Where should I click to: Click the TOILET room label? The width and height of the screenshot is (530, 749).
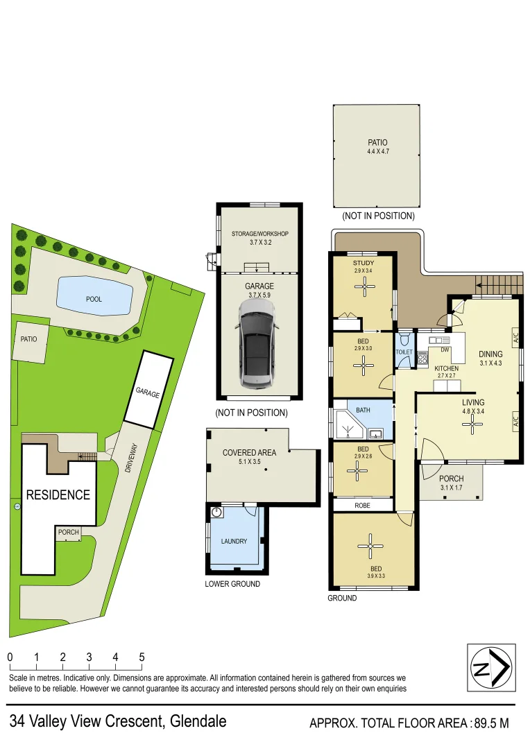click(x=404, y=352)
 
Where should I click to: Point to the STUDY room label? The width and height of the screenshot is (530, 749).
click(x=364, y=263)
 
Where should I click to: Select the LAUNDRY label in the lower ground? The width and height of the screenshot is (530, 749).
click(x=234, y=541)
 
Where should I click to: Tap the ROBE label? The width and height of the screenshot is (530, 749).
click(x=363, y=506)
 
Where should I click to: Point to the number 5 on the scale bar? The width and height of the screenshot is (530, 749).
click(x=142, y=657)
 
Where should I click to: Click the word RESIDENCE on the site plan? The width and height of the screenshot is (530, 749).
click(x=58, y=495)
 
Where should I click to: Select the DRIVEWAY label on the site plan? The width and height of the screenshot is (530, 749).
click(x=130, y=458)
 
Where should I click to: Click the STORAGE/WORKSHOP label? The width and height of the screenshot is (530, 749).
click(x=259, y=234)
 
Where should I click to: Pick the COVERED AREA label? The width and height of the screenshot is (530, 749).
click(x=249, y=452)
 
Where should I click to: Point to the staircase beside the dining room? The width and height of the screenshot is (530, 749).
click(x=497, y=284)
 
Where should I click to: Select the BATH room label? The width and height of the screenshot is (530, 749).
click(x=363, y=410)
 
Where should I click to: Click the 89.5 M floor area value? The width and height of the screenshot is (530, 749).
click(x=490, y=723)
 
